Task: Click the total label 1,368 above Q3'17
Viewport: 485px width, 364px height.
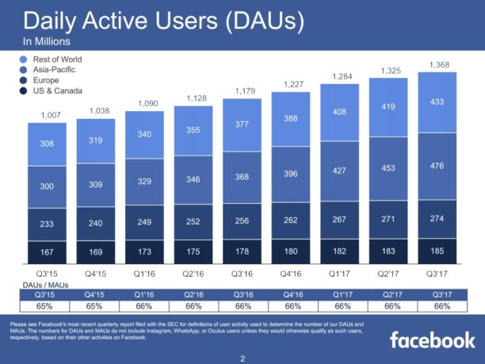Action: pyautogui.click(x=441, y=64)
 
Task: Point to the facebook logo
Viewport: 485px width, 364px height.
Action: pyautogui.click(x=431, y=340)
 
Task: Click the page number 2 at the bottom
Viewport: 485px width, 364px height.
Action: pyautogui.click(x=242, y=358)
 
